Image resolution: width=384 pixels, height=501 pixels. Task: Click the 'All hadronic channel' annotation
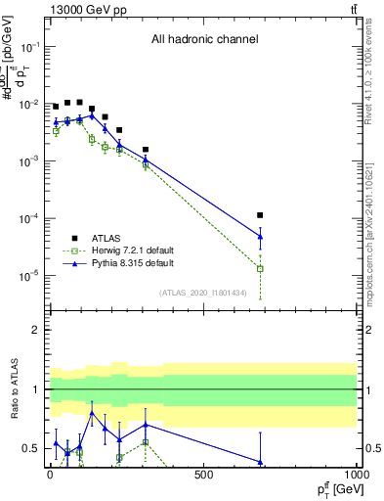tap(204, 40)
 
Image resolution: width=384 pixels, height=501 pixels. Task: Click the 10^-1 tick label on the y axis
tap(29, 47)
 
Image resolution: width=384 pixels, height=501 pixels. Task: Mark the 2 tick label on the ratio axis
tap(36, 330)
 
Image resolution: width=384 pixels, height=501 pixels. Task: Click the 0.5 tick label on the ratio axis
tap(32, 448)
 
